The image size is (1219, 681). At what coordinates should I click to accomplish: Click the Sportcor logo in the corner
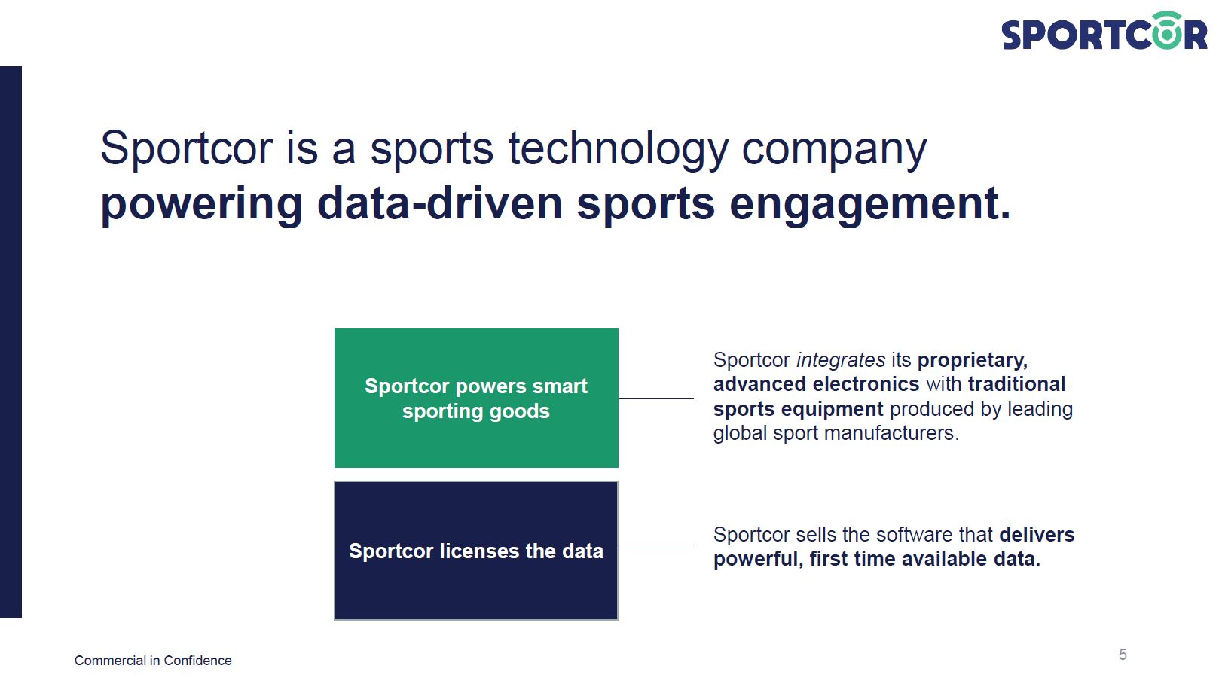(x=1104, y=31)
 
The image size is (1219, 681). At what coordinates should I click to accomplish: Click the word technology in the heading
(x=619, y=149)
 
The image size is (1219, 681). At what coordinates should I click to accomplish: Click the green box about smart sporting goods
(x=476, y=398)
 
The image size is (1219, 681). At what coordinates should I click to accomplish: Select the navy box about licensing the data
(x=476, y=551)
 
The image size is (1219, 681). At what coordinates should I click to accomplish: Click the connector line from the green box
(x=655, y=399)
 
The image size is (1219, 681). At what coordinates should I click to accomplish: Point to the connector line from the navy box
(x=655, y=548)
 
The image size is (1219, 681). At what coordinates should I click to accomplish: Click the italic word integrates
(x=841, y=360)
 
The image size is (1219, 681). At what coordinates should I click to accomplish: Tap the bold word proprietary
(x=973, y=360)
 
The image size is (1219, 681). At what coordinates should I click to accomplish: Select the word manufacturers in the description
(x=891, y=433)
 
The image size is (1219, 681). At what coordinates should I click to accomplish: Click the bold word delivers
(x=1037, y=535)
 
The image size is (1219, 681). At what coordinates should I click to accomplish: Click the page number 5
(x=1123, y=655)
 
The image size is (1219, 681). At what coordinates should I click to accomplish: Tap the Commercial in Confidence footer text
(x=153, y=661)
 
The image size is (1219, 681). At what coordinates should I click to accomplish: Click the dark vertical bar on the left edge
(x=11, y=342)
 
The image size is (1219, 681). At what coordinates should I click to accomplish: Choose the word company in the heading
(x=834, y=150)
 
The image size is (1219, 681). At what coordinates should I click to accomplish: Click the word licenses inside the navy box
(x=479, y=551)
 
